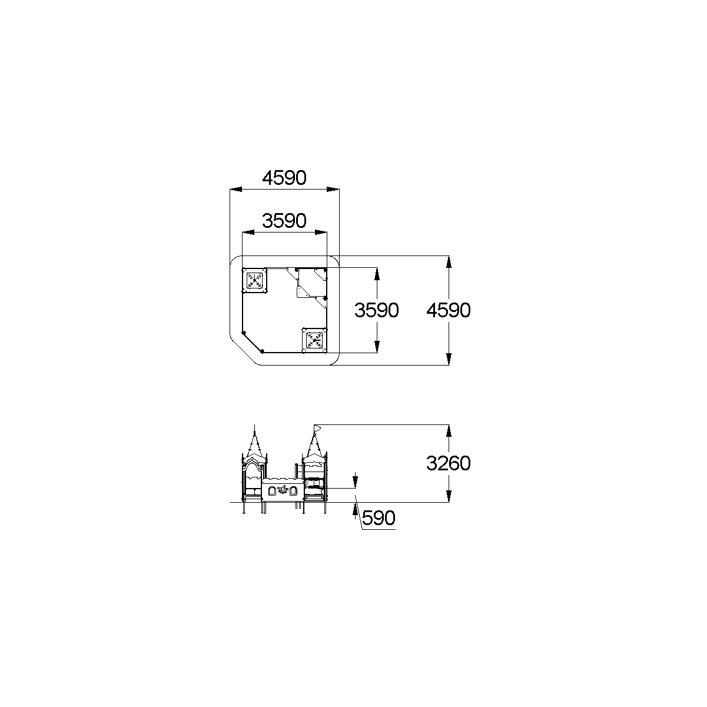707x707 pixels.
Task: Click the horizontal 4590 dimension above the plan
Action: pos(284,178)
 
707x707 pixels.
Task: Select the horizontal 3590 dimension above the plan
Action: pos(284,221)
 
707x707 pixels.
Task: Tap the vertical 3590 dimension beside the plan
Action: pos(376,310)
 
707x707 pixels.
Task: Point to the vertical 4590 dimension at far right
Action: pos(449,310)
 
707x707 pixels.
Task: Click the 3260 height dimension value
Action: pos(449,463)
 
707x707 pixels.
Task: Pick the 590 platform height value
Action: pos(379,518)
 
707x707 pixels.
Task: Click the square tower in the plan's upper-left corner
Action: pos(254,281)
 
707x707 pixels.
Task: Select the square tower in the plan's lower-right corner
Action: pos(314,340)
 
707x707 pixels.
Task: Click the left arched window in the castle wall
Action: pos(272,491)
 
